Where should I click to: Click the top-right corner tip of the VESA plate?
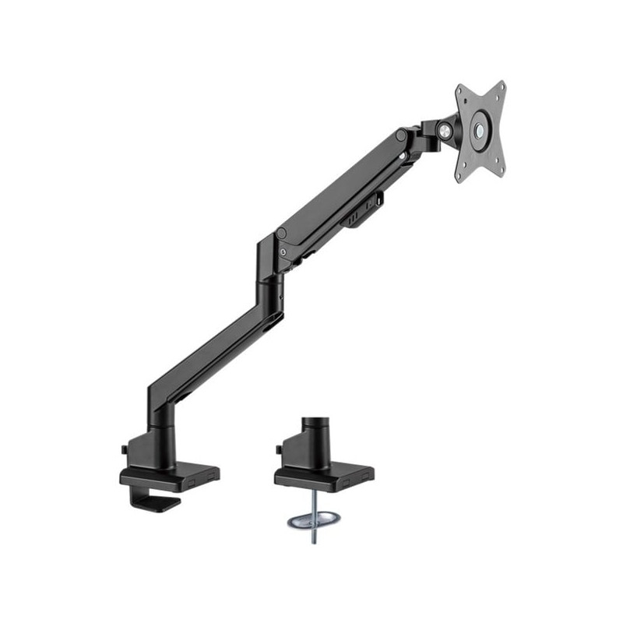point(503,84)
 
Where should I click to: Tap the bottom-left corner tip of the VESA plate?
point(458,179)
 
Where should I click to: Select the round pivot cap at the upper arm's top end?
point(401,136)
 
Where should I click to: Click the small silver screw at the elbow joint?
point(280,253)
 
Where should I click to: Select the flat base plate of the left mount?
point(170,474)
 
